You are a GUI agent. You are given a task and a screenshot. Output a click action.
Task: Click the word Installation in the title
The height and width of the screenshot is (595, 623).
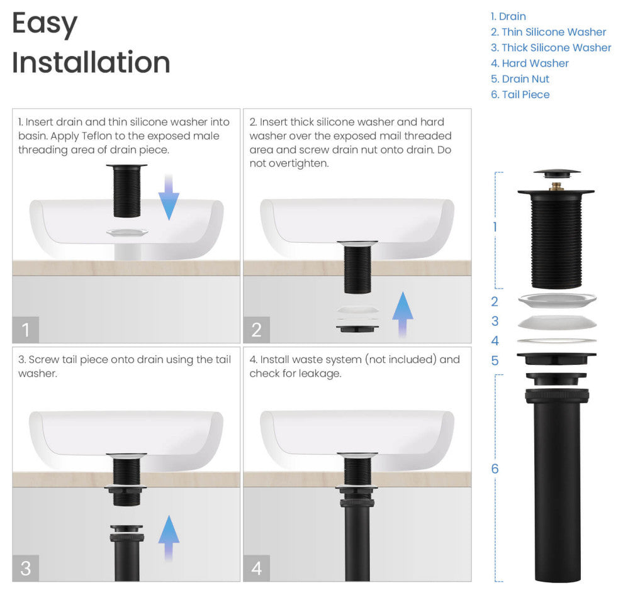coord(91,63)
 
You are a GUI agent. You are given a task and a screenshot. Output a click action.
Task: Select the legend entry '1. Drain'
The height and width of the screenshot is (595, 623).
coord(508,16)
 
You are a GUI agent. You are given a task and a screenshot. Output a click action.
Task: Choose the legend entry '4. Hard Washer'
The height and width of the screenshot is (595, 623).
coord(530,64)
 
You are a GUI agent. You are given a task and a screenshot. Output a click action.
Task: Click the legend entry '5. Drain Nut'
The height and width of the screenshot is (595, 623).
coord(520,79)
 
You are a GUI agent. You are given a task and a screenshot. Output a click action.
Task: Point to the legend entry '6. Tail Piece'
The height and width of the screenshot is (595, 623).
coord(520,95)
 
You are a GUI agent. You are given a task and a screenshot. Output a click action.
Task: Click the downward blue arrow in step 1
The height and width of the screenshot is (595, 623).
coord(168,197)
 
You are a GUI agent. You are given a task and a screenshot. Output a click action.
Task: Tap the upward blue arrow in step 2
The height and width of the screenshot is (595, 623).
coord(403,314)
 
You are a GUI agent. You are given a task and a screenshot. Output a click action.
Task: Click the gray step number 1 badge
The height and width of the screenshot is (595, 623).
coord(26,330)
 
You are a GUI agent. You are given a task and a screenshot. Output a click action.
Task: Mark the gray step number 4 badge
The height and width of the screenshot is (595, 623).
coord(257,568)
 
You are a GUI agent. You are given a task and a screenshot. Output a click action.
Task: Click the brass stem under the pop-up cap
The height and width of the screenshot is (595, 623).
coord(556,186)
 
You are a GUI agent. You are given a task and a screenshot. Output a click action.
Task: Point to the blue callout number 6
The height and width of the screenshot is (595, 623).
coord(495,469)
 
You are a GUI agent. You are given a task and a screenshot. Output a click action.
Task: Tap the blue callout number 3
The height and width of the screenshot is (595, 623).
coord(495,321)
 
